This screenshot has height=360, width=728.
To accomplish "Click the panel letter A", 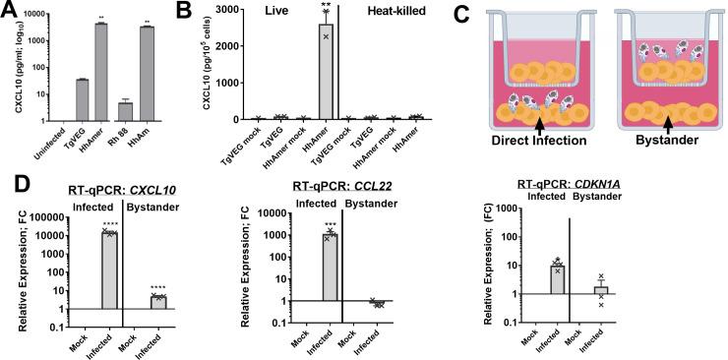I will click(x=10, y=12).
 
